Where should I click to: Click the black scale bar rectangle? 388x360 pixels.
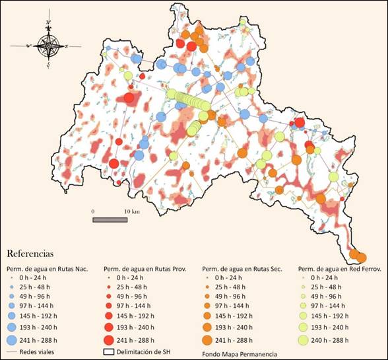pos(110,219)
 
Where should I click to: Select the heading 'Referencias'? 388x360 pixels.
pos(30,254)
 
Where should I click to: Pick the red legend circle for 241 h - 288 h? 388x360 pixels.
pos(110,340)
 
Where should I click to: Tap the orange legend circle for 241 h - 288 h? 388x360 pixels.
pos(207,340)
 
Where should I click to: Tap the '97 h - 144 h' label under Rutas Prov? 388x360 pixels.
pos(135,306)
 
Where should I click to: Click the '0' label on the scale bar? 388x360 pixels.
pos(93,211)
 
